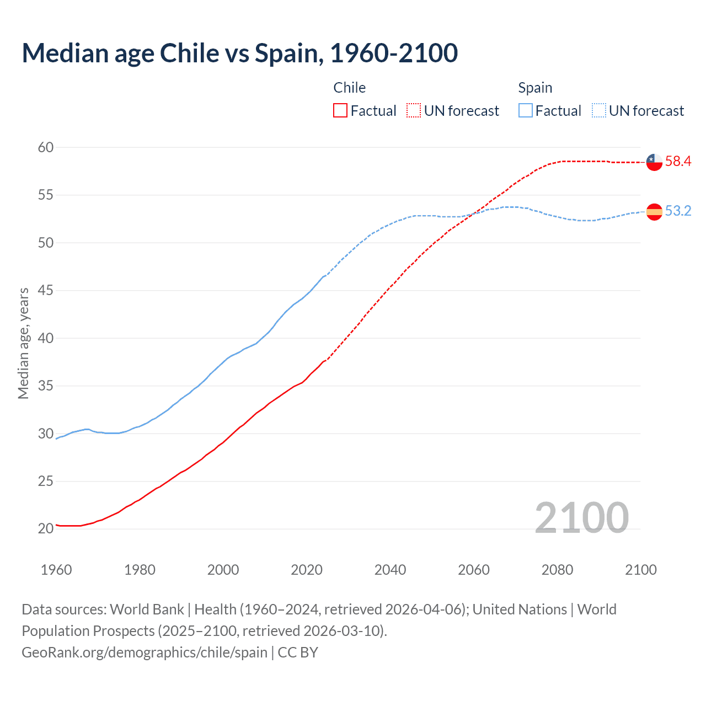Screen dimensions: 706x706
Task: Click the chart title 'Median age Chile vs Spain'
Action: coord(239,53)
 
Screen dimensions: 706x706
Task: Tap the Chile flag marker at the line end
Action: coord(654,162)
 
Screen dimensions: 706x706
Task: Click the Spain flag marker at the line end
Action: coord(654,212)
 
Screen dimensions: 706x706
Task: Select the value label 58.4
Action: coord(678,162)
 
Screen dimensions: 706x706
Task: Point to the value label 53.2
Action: coord(678,211)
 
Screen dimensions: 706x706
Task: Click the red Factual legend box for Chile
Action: coord(340,111)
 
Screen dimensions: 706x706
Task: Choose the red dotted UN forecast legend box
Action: coord(414,111)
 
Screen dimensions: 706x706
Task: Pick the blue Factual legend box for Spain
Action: coord(526,111)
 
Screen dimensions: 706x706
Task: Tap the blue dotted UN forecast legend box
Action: coord(599,111)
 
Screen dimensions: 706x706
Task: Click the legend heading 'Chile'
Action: coord(349,88)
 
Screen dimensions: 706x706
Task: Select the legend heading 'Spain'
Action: coord(535,88)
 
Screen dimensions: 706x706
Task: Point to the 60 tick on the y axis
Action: coord(46,147)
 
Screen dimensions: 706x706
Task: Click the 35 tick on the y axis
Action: coord(46,386)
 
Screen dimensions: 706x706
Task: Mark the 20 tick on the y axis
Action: coord(46,528)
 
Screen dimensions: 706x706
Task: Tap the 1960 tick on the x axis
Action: coord(56,570)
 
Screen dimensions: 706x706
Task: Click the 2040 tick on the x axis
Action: coord(390,570)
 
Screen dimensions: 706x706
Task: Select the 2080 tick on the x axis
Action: coord(557,570)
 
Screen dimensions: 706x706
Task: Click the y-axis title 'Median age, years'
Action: coord(23,343)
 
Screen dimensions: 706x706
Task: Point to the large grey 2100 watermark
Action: coord(581,517)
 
